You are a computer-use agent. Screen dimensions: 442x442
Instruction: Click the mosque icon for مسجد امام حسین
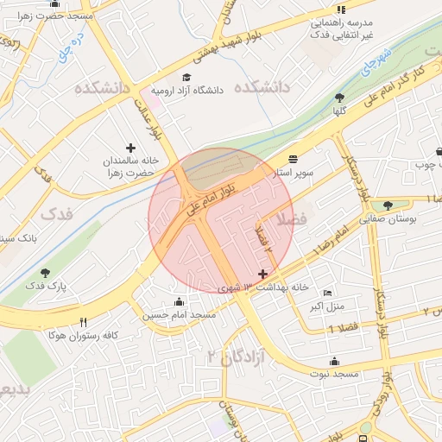179,301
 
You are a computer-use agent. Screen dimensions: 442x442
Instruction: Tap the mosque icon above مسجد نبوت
335,361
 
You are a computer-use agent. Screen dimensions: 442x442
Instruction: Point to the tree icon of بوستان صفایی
388,205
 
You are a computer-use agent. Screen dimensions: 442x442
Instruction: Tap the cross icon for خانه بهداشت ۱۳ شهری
262,274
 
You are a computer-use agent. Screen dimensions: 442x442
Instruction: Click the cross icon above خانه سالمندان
130,148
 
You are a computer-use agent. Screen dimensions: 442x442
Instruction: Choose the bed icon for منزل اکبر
326,294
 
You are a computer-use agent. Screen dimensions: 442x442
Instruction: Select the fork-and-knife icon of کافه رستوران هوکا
83,322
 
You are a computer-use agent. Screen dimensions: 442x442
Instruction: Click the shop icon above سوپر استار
294,159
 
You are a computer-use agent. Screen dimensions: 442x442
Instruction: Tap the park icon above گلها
338,98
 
